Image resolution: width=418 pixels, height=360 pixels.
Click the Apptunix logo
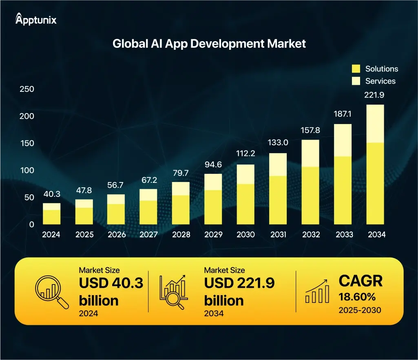pos(36,19)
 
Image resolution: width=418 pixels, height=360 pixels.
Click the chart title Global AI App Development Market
pos(209,44)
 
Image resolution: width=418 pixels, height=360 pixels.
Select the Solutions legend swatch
pos(356,69)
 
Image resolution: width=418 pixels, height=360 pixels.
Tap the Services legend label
pos(380,81)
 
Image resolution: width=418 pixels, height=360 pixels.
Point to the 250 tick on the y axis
pos(27,89)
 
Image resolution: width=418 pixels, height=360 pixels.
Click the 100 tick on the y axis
pos(27,170)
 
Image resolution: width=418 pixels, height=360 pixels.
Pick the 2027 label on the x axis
pos(148,235)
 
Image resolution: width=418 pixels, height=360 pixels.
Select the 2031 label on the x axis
pos(278,235)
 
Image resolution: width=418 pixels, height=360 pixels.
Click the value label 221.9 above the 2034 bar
pos(374,95)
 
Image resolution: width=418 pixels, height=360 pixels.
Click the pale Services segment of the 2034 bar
pos(375,124)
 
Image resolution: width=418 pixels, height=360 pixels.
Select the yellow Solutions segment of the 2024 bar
pos(52,217)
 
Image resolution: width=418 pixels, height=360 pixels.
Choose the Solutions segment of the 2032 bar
pos(310,196)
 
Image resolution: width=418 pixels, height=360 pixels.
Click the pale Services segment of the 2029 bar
pos(213,182)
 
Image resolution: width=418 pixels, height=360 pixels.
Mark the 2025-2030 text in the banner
pos(360,310)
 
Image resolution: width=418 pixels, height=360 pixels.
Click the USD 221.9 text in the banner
pos(239,283)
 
